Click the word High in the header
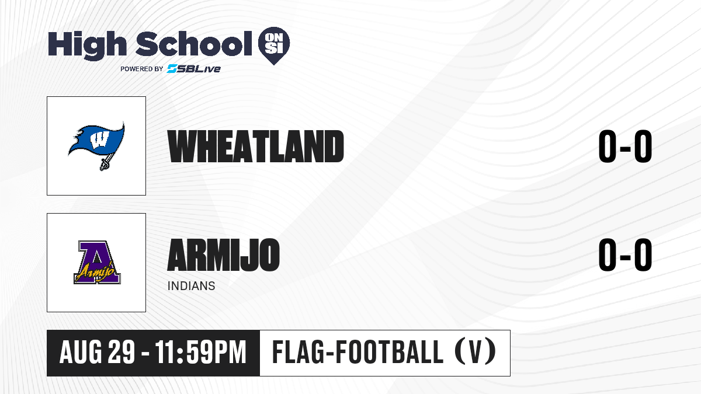pyautogui.click(x=87, y=45)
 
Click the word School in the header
pyautogui.click(x=194, y=44)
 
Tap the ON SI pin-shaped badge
pyautogui.click(x=274, y=46)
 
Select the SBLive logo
pyautogui.click(x=194, y=68)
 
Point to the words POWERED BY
pyautogui.click(x=142, y=69)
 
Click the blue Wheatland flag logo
pyautogui.click(x=96, y=145)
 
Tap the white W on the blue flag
pyautogui.click(x=99, y=139)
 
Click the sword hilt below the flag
pyautogui.click(x=104, y=163)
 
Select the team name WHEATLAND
pyautogui.click(x=256, y=146)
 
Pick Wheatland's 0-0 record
pyautogui.click(x=625, y=147)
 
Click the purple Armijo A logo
pyautogui.click(x=97, y=262)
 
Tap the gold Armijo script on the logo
pyautogui.click(x=95, y=273)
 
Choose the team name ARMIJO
pyautogui.click(x=223, y=255)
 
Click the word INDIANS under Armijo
pyautogui.click(x=191, y=286)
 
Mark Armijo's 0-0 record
pyautogui.click(x=625, y=254)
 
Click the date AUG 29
pyautogui.click(x=98, y=353)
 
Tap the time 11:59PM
pyautogui.click(x=200, y=353)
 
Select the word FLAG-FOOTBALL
pyautogui.click(x=358, y=352)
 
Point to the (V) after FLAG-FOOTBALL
pyautogui.click(x=476, y=352)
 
